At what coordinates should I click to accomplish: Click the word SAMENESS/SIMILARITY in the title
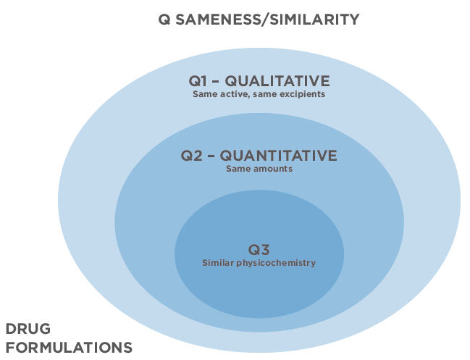point(267,20)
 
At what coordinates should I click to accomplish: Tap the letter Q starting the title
point(164,20)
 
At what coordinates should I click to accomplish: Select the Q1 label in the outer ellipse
point(198,81)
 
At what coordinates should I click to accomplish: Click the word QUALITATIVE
point(277,81)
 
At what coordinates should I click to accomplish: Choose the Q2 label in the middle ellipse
point(191,156)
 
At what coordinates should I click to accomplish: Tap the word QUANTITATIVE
point(279,156)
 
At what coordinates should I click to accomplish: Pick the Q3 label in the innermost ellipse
point(259,249)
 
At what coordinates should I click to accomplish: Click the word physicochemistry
point(276,263)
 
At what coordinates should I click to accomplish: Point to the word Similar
point(218,263)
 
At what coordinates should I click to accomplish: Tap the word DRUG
point(28,329)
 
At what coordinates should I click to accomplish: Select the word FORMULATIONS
point(69,348)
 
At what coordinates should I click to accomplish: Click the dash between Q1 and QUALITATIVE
point(216,81)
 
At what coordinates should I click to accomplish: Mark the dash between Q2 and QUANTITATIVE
point(211,156)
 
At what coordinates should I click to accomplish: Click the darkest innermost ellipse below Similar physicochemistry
point(259,294)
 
